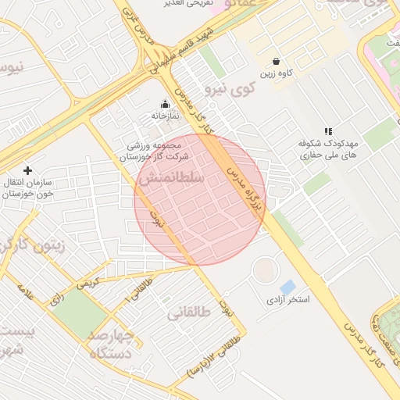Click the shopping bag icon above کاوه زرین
pyautogui.click(x=276, y=61)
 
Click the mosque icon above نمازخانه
pyautogui.click(x=165, y=104)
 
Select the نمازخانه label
pyautogui.click(x=165, y=116)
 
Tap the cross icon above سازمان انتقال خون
pyautogui.click(x=28, y=170)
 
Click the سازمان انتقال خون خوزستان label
pyautogui.click(x=30, y=187)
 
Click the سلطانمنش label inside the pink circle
pyautogui.click(x=171, y=179)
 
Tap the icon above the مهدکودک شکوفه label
pyautogui.click(x=328, y=132)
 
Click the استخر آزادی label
pyautogui.click(x=288, y=300)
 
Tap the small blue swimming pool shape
pyautogui.click(x=287, y=287)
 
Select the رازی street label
pyautogui.click(x=57, y=298)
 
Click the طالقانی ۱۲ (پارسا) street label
pyautogui.click(x=212, y=356)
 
